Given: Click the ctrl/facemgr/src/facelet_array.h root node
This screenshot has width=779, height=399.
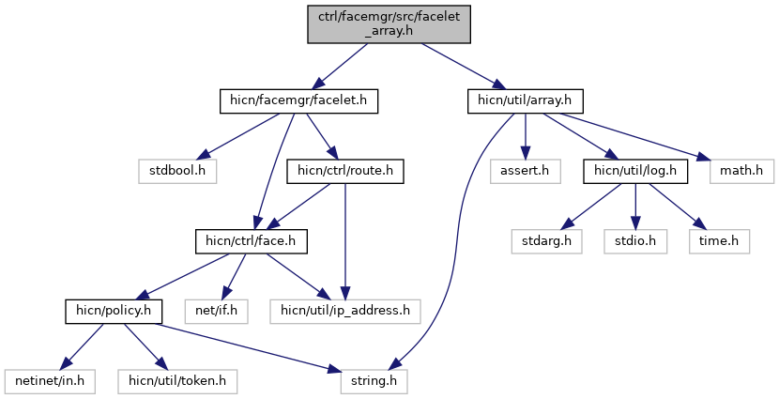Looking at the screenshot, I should [x=389, y=22].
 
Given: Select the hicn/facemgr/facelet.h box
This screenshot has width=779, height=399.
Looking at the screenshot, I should [x=299, y=100].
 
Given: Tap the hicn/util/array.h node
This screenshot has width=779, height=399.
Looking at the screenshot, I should [x=526, y=100].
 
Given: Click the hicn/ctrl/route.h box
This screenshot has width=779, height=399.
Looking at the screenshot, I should [x=344, y=171].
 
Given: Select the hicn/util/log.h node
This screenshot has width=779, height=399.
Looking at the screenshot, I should [x=636, y=171].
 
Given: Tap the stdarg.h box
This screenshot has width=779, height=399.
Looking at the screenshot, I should [x=545, y=240].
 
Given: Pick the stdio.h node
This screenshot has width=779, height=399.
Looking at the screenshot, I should [x=636, y=240].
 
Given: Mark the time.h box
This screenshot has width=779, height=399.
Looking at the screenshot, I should [x=720, y=240].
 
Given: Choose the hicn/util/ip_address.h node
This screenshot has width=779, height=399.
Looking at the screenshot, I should [x=345, y=310].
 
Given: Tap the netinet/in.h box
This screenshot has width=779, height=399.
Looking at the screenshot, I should [x=44, y=380].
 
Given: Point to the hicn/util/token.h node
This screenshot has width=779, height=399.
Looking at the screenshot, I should [x=176, y=380].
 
